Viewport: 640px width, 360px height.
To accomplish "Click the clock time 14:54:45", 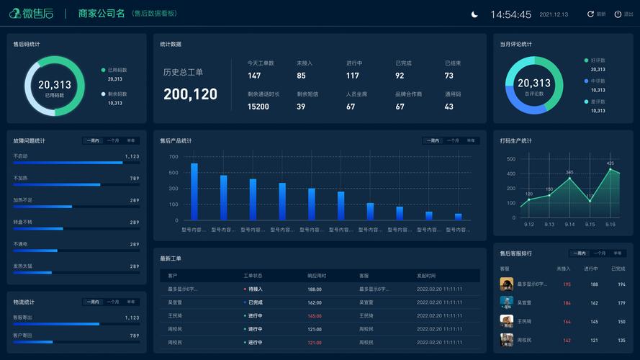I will [510, 14].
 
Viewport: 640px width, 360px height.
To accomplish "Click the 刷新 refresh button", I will [596, 14].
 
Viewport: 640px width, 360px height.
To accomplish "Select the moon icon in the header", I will [474, 14].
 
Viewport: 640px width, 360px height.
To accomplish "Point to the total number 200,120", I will [190, 94].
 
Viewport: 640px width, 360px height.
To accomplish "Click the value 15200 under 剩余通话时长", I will [258, 107].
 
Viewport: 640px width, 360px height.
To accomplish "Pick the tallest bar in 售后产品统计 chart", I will [194, 191].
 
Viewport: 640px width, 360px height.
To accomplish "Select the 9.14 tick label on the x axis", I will [569, 225].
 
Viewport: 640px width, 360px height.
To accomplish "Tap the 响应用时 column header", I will [317, 276].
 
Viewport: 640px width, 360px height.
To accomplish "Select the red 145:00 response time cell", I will [315, 316].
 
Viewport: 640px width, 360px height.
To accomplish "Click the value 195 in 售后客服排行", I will [567, 284].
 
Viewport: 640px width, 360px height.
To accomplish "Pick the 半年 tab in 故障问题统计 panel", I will [131, 140].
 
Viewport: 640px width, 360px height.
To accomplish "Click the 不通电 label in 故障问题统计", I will [20, 244].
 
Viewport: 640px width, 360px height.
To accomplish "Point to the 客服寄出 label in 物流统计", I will [22, 318].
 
